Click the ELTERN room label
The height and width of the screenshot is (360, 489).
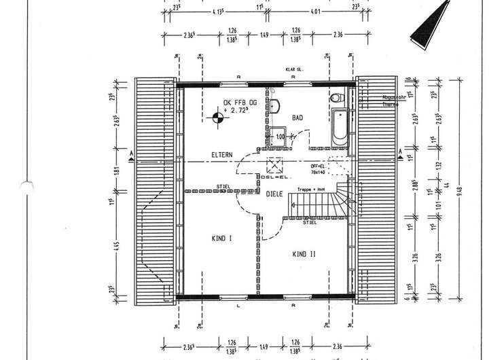(221, 154)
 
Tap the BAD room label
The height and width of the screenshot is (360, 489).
(297, 118)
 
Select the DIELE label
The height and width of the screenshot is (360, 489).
(274, 194)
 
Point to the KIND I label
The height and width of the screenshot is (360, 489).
(221, 238)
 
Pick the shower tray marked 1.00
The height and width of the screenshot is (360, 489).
(278, 136)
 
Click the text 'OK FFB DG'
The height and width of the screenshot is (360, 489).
(238, 103)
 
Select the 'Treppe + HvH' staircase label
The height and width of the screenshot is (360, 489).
(311, 190)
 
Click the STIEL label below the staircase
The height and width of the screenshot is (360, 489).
(310, 221)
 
